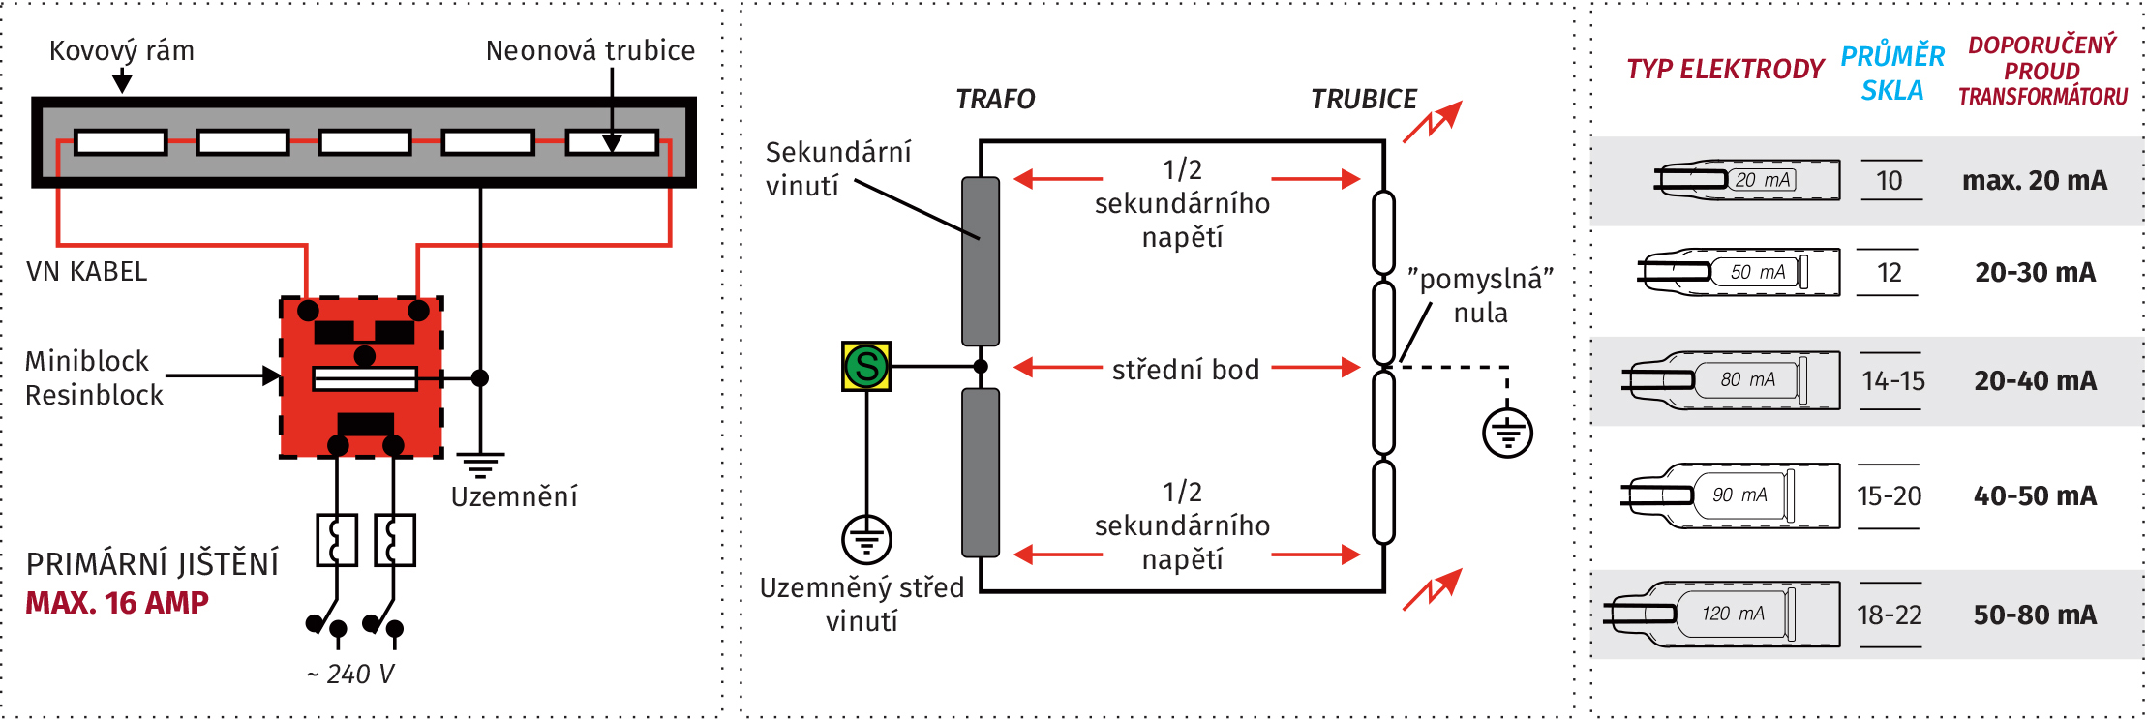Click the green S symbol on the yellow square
click(866, 367)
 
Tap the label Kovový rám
click(122, 50)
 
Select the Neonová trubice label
click(590, 50)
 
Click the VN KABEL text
click(87, 272)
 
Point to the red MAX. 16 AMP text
click(117, 603)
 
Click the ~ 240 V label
click(350, 674)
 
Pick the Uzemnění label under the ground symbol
click(514, 496)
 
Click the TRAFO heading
click(995, 99)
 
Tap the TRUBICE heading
click(1363, 99)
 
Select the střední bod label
click(1186, 370)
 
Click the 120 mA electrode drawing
click(1723, 615)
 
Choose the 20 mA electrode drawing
click(1748, 180)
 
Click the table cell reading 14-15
click(1892, 381)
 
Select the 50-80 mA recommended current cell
click(2035, 615)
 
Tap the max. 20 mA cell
click(2034, 181)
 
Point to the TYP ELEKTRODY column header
click(1725, 70)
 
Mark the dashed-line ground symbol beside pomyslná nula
click(1507, 434)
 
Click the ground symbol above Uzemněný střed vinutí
click(866, 539)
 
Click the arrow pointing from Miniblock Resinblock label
click(223, 375)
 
